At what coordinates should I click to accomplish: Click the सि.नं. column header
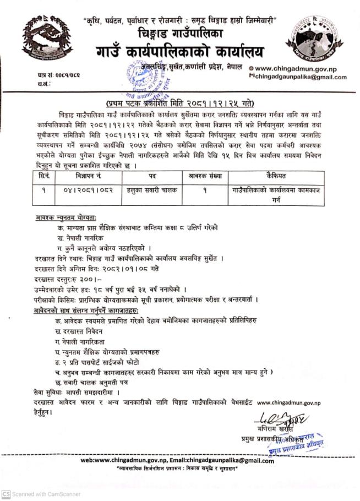(43, 176)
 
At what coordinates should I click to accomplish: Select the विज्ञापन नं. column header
(86, 176)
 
